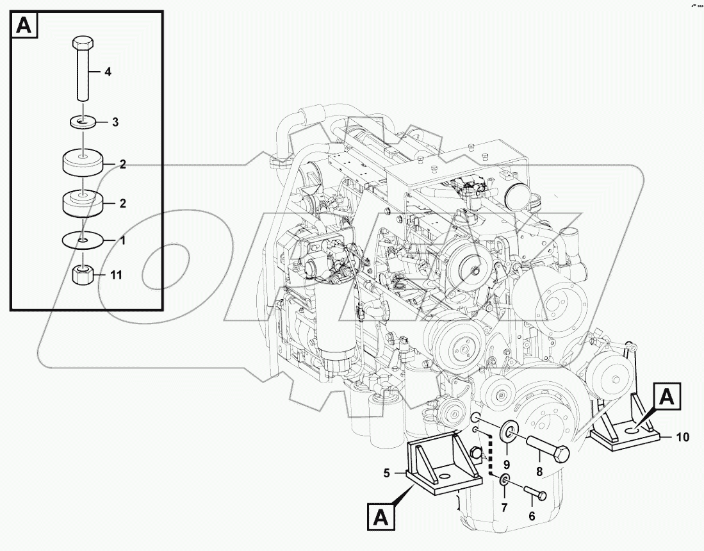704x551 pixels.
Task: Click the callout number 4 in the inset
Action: pos(108,72)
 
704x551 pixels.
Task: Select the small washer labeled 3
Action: pos(83,120)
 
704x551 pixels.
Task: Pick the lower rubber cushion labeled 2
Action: pos(83,203)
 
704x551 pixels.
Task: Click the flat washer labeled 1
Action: pos(83,240)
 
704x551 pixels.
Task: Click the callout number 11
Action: pos(115,275)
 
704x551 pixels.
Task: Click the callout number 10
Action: pos(683,438)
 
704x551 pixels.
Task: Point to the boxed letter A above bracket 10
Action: pos(667,397)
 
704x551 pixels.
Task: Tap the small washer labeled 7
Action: pos(505,481)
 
